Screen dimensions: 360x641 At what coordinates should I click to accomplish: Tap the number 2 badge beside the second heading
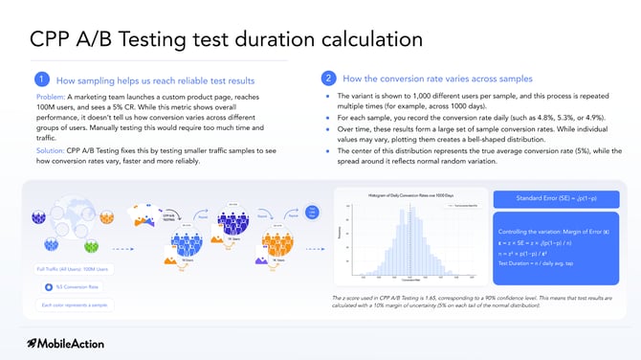(x=328, y=79)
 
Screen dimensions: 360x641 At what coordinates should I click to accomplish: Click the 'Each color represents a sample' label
(x=73, y=305)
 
